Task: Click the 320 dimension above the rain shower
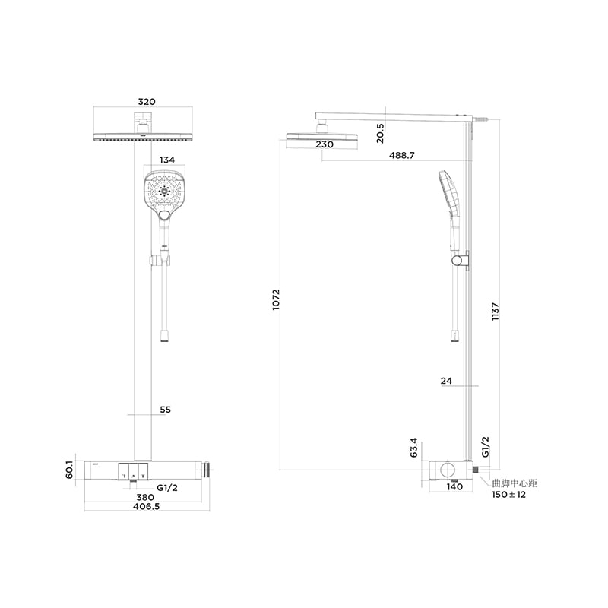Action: pyautogui.click(x=147, y=102)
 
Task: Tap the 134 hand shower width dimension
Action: pyautogui.click(x=167, y=160)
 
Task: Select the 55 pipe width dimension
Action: pyautogui.click(x=165, y=410)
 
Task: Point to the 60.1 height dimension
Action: pyautogui.click(x=69, y=470)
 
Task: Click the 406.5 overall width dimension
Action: pyautogui.click(x=146, y=506)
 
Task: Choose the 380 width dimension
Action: pyautogui.click(x=145, y=497)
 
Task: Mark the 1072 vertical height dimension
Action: pyautogui.click(x=276, y=299)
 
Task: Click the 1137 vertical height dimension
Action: pyautogui.click(x=496, y=312)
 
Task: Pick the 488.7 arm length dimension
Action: pyautogui.click(x=402, y=156)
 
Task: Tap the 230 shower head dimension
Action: pyautogui.click(x=325, y=144)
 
